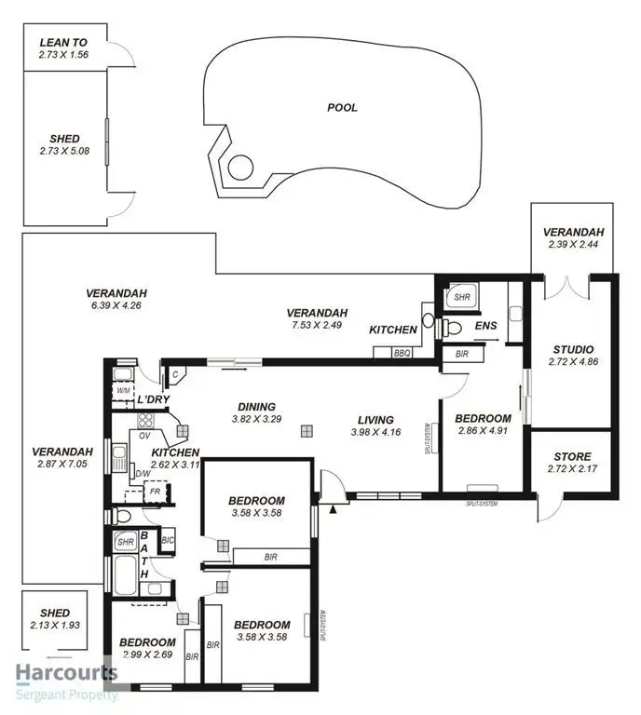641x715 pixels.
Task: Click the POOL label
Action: point(342,107)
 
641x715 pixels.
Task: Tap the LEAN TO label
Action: point(63,43)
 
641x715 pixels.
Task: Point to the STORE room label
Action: point(571,456)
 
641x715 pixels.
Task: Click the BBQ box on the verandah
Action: point(402,353)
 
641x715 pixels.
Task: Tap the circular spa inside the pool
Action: point(241,168)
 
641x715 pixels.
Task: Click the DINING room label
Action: point(255,406)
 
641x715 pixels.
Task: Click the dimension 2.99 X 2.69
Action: point(147,655)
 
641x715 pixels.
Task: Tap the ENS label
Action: point(485,326)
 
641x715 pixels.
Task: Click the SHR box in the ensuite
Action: point(460,298)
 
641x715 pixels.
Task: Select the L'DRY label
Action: point(153,400)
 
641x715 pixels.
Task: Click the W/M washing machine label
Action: point(123,391)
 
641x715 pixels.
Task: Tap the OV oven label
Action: point(144,434)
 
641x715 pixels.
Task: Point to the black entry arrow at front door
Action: point(332,508)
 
